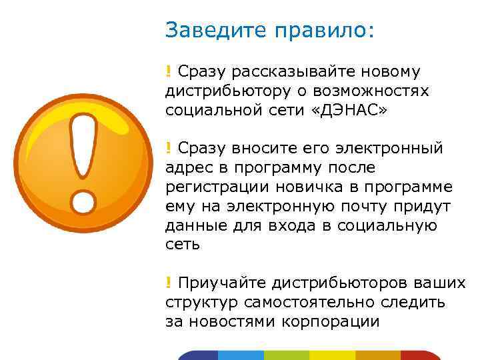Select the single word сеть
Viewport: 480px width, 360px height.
coord(182,244)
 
